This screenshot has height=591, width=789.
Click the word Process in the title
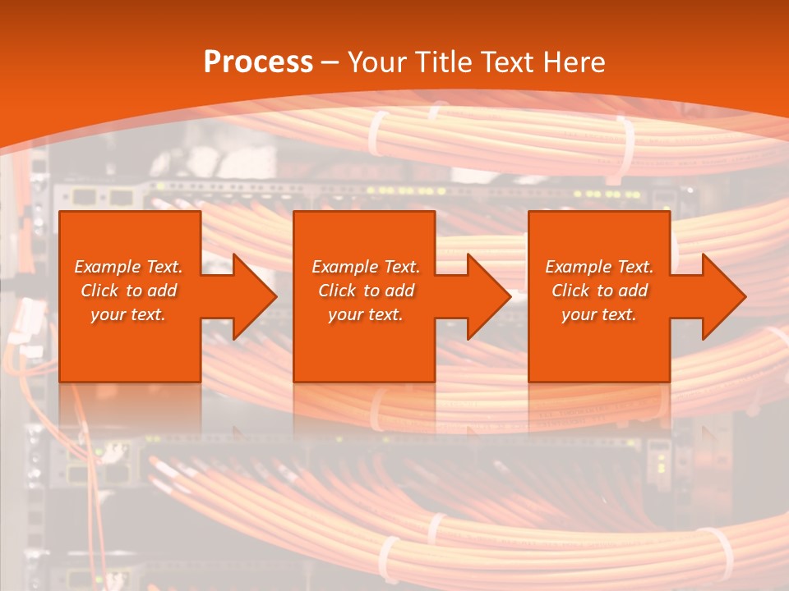click(258, 62)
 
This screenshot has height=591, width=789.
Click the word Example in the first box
click(107, 267)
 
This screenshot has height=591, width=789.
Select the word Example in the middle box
click(344, 267)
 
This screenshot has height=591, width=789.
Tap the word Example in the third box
click(578, 267)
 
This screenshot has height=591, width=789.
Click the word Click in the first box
click(100, 291)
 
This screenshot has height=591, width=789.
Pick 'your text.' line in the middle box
click(366, 314)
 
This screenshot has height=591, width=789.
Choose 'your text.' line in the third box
click(599, 314)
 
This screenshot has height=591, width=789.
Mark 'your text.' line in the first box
click(128, 314)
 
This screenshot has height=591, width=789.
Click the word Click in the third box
click(571, 291)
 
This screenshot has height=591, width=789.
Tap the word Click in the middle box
click(337, 291)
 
